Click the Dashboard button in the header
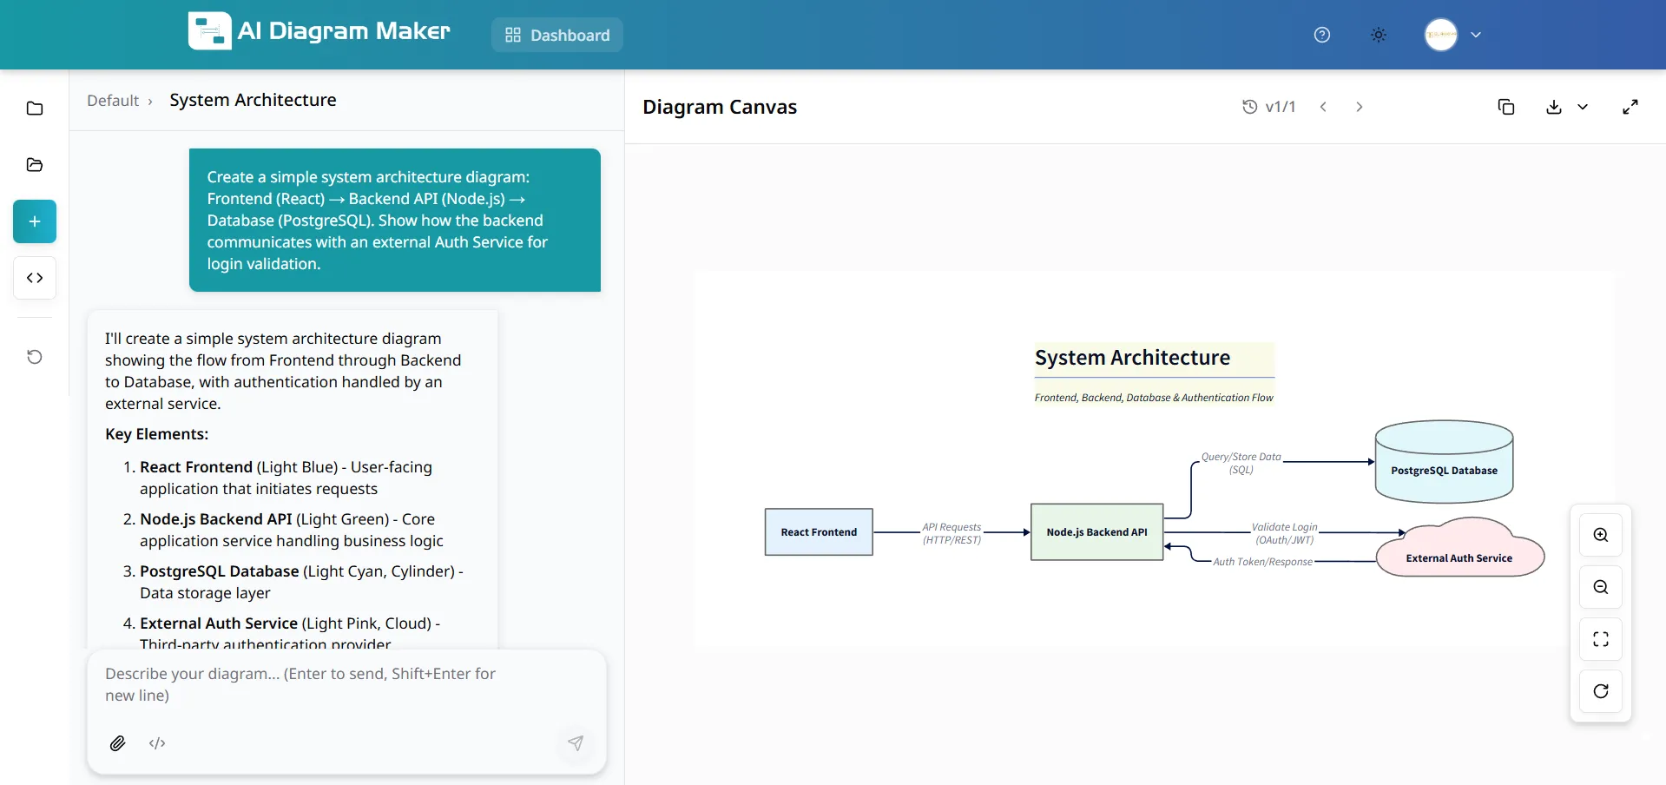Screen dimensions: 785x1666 tap(557, 36)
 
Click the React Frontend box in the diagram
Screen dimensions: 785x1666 tap(819, 532)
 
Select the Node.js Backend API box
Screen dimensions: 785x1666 tap(1096, 532)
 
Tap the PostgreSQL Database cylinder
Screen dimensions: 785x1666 tap(1444, 470)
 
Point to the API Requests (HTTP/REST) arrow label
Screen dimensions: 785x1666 tap(952, 533)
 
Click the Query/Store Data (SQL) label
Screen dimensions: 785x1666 tap(1241, 463)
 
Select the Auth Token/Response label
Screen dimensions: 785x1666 tap(1262, 562)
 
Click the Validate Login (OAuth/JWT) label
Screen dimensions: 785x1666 tap(1284, 533)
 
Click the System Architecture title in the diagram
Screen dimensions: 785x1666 tap(1132, 358)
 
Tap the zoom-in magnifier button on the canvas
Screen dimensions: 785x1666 tap(1600, 535)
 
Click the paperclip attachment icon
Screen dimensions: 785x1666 tap(118, 743)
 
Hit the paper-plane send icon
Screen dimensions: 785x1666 tap(576, 743)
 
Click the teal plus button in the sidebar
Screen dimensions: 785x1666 tap(35, 221)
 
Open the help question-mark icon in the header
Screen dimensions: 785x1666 tap(1321, 35)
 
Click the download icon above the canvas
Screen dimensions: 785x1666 tap(1553, 107)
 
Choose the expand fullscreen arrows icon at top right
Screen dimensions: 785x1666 tap(1630, 107)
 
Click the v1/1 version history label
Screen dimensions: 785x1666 tap(1269, 107)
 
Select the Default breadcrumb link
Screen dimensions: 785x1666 tap(113, 101)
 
